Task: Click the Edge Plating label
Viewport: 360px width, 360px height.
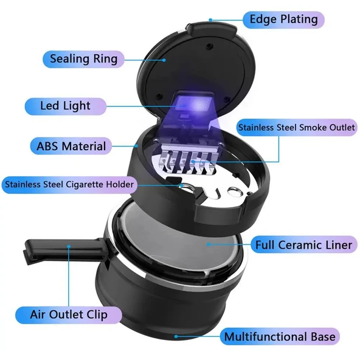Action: [x=283, y=19]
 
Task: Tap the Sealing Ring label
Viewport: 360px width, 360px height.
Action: [x=83, y=59]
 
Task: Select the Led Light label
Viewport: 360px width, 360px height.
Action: [x=66, y=106]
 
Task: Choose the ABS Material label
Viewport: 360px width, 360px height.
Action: [x=71, y=146]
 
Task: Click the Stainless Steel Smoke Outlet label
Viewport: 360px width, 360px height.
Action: [x=297, y=128]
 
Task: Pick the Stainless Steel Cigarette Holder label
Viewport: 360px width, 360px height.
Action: [x=69, y=185]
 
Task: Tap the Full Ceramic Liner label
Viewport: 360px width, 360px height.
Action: [x=303, y=245]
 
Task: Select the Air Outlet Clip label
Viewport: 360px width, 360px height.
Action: [x=69, y=315]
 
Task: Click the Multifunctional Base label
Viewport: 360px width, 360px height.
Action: [x=280, y=336]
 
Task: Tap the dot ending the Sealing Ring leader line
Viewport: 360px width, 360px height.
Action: [x=164, y=60]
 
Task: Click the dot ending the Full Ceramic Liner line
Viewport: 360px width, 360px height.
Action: [x=209, y=244]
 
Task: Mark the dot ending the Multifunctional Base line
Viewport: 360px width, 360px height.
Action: [x=176, y=336]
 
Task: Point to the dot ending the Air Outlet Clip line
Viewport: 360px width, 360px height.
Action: [x=69, y=246]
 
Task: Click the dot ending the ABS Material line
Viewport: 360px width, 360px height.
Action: [x=136, y=146]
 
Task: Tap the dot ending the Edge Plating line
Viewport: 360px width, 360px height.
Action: [x=210, y=20]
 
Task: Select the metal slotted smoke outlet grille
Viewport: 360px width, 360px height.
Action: [x=189, y=159]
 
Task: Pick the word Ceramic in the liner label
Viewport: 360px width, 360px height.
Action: [x=305, y=245]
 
